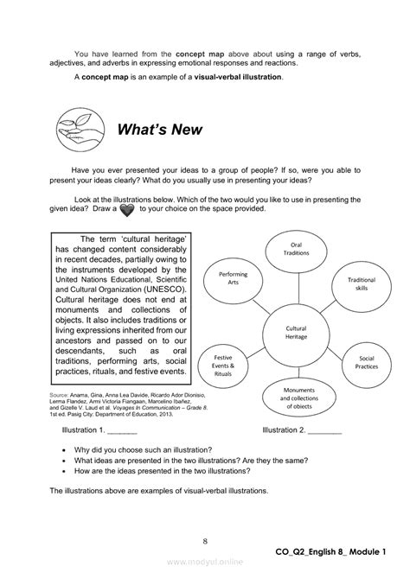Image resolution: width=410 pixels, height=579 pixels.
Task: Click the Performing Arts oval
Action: click(228, 277)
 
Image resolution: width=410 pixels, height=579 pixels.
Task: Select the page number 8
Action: click(204, 541)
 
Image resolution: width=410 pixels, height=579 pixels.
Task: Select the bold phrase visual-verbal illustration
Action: click(234, 77)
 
